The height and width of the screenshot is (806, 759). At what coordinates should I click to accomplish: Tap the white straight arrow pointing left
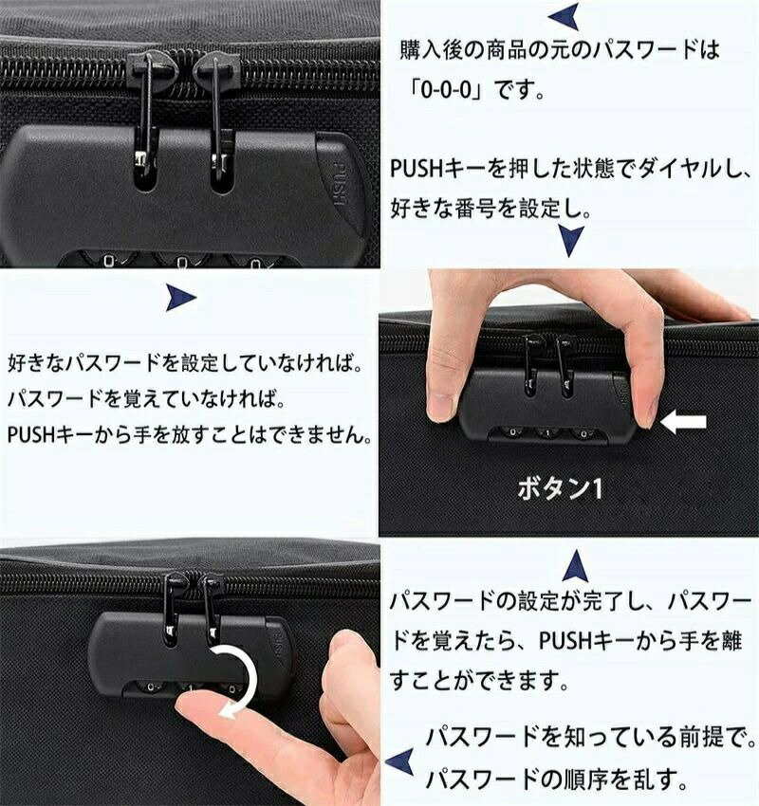683,423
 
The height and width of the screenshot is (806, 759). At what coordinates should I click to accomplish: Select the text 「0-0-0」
446,90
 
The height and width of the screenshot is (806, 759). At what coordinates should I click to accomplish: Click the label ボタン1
560,488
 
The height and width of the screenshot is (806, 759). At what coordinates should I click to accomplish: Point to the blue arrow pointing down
571,240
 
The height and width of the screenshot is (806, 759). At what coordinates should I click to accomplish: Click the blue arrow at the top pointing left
565,16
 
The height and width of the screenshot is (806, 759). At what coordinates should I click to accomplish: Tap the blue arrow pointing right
180,298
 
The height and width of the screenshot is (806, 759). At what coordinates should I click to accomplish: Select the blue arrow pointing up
576,566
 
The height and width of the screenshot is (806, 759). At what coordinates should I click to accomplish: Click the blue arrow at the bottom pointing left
400,761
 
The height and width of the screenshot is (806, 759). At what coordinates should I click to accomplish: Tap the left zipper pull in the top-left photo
145,116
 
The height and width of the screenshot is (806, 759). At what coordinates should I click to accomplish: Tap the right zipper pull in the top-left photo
217,116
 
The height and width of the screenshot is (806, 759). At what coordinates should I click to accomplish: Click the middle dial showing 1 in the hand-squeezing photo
547,433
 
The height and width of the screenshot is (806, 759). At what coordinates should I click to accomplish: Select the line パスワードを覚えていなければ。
146,398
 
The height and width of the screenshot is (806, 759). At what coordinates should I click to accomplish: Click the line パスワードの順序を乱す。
556,779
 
